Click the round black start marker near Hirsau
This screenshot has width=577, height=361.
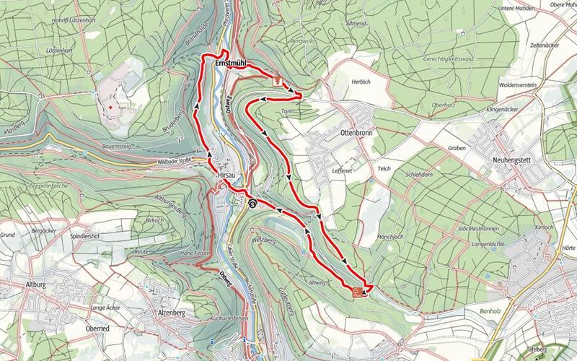pos(252,204)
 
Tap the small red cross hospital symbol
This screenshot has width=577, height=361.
pos(110,108)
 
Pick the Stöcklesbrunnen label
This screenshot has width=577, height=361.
pos(479,228)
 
